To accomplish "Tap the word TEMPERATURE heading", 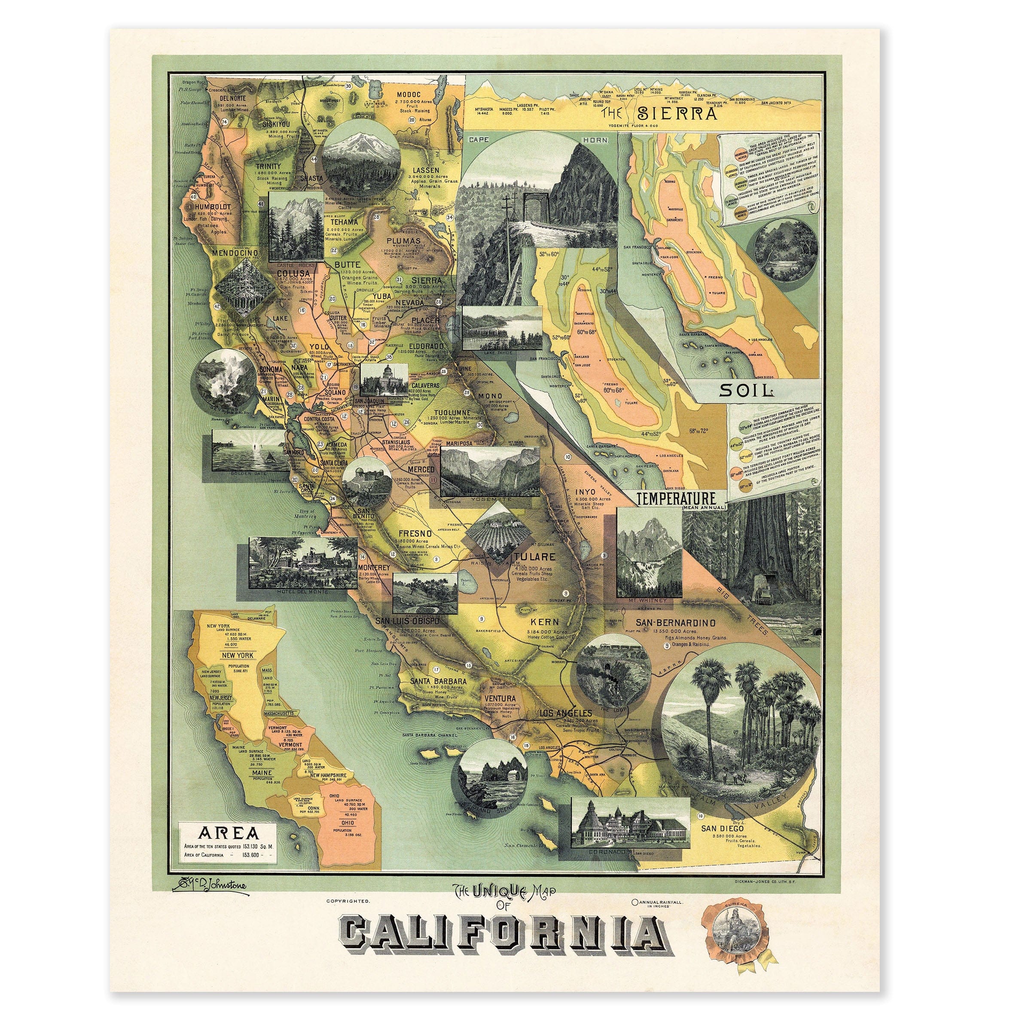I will [x=677, y=498].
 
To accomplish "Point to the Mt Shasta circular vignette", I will [x=362, y=158].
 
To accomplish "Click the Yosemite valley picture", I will [x=490, y=471].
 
